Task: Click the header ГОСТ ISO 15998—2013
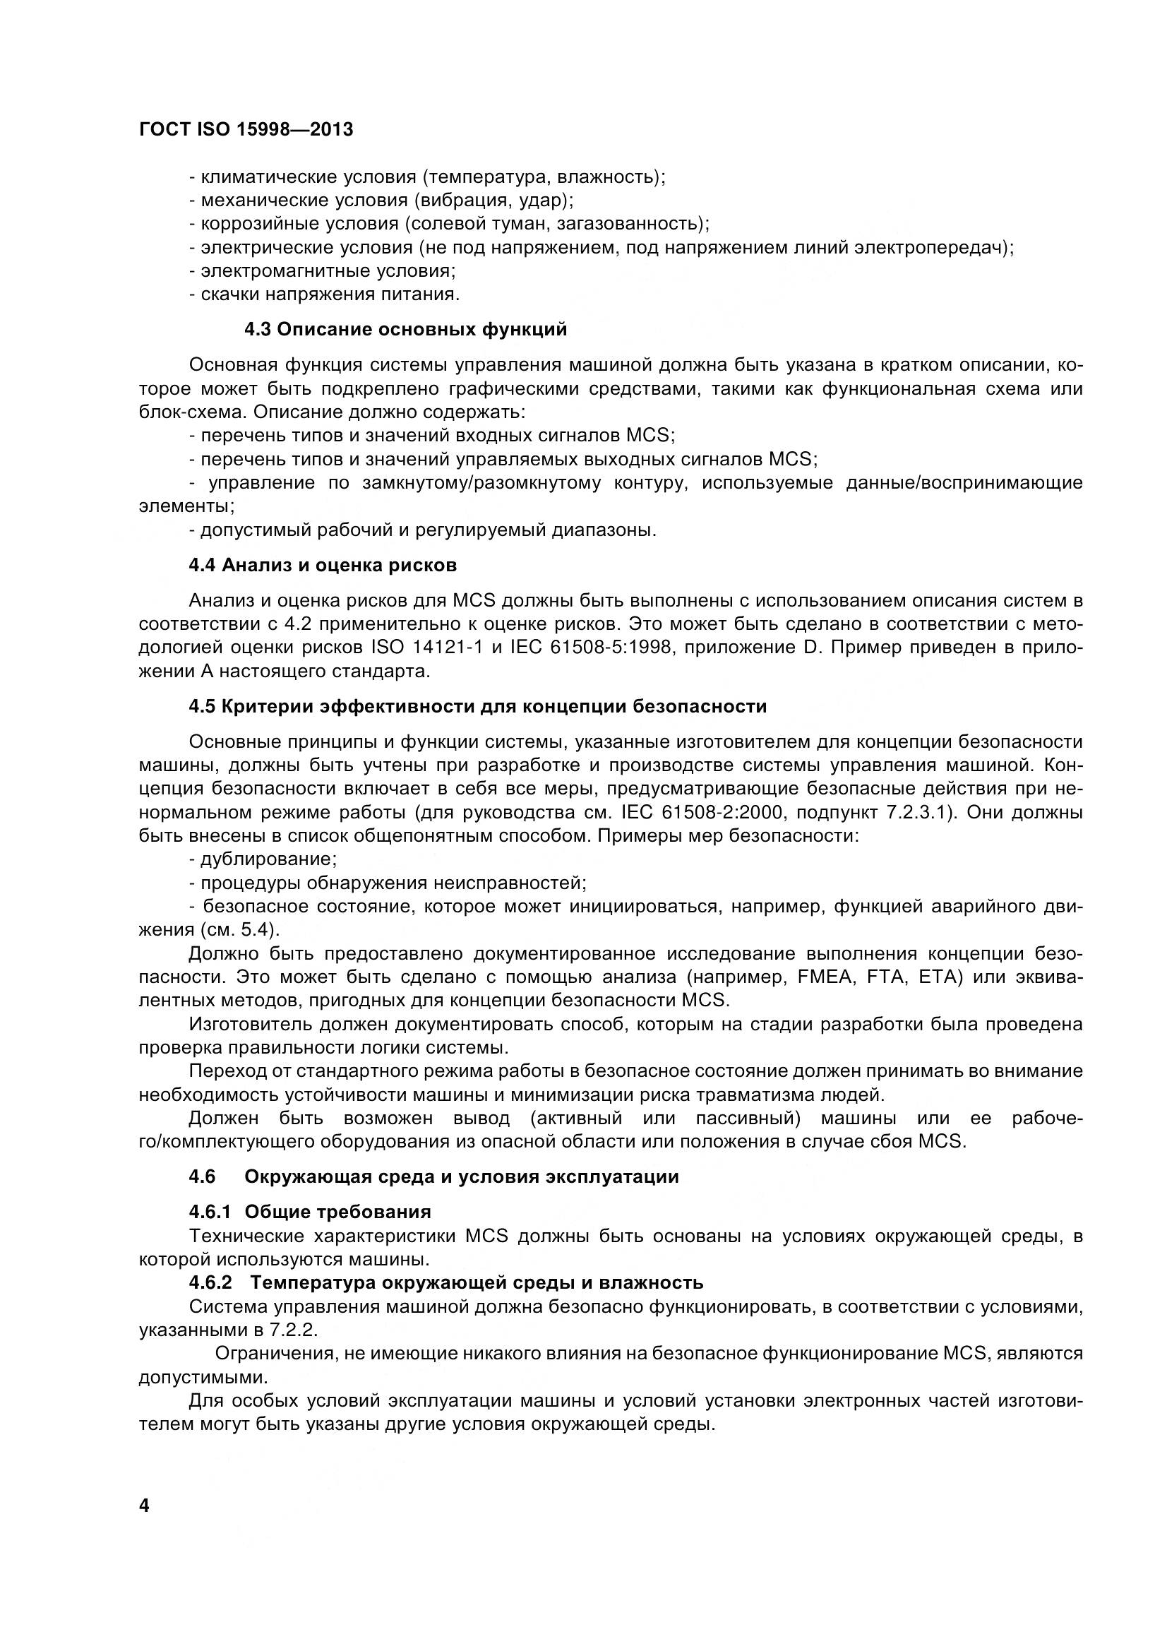246,129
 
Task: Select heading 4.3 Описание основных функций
405,329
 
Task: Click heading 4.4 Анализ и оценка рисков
323,565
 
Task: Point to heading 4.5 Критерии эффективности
477,706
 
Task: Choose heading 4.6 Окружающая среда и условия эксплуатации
433,1176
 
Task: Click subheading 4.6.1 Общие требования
310,1212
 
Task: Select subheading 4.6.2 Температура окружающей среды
445,1282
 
